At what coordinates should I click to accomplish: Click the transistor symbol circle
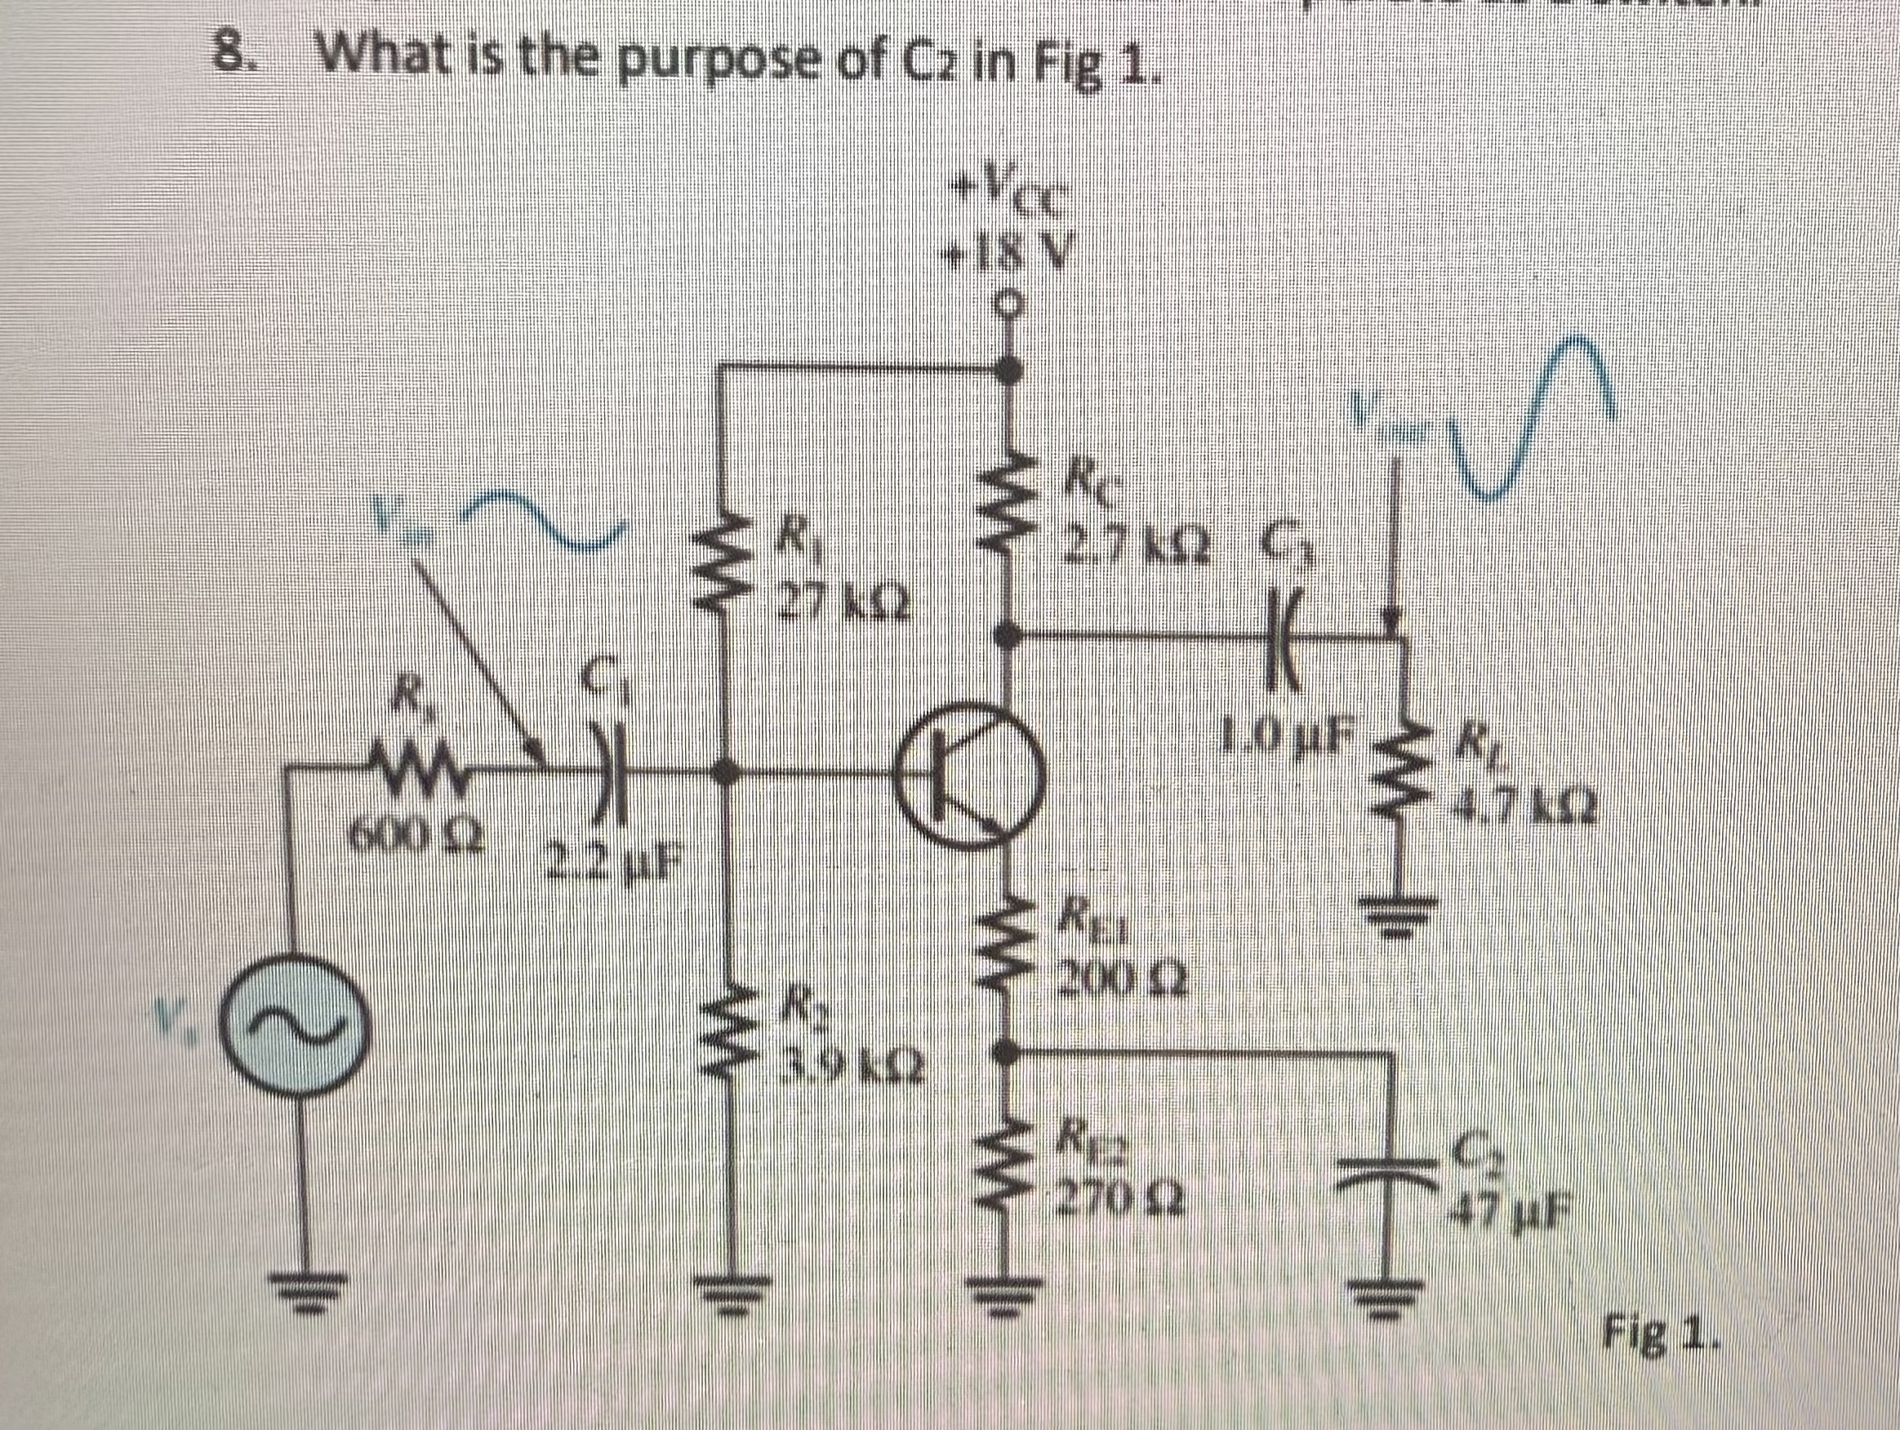972,778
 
